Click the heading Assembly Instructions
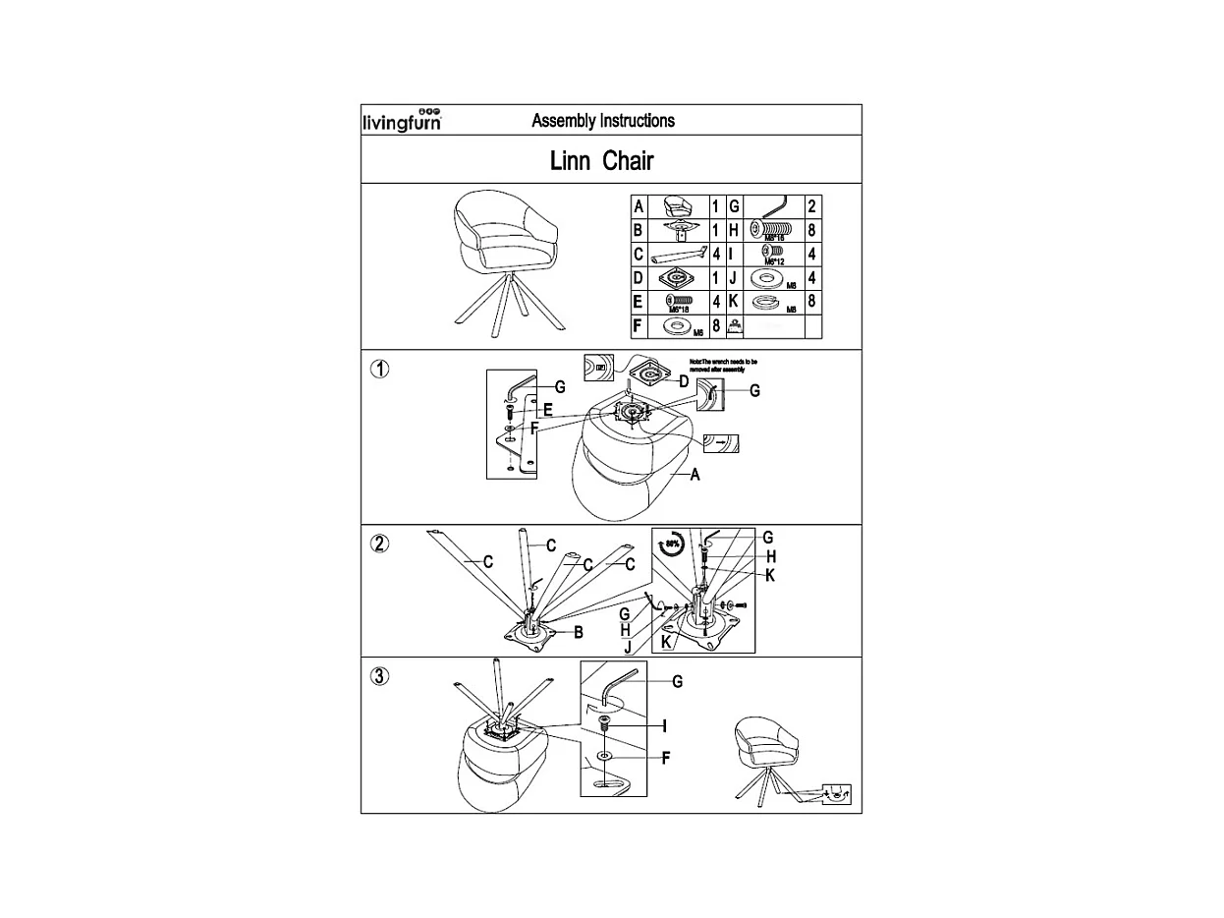(602, 121)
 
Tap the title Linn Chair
(601, 160)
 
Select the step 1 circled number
(380, 370)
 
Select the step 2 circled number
(380, 544)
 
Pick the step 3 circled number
(380, 676)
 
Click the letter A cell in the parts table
(639, 207)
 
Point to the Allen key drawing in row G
(773, 207)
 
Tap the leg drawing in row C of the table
(679, 255)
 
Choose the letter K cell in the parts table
(733, 302)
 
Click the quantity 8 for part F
(717, 325)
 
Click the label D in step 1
(684, 380)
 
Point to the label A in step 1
(695, 475)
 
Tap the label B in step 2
(579, 632)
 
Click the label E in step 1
(547, 409)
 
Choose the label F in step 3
(665, 758)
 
